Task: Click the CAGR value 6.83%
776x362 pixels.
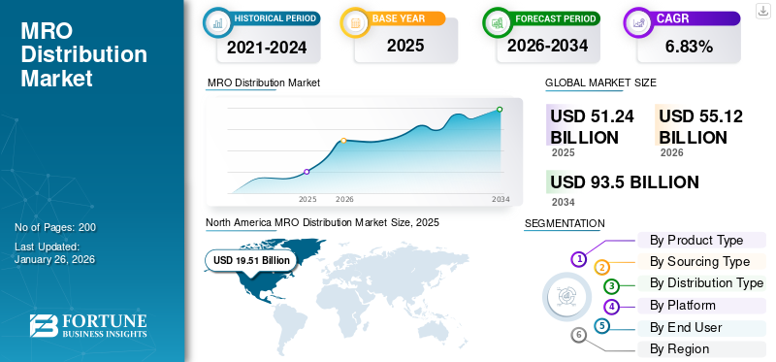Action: click(689, 46)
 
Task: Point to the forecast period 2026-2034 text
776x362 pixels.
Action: click(548, 45)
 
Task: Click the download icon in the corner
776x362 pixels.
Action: click(762, 10)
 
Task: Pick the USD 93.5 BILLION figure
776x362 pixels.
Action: click(624, 182)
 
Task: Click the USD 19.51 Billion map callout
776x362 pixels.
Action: click(251, 260)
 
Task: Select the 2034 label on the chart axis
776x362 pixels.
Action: click(501, 199)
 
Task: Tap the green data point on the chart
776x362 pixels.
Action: click(500, 109)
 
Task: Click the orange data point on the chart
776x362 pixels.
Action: click(343, 142)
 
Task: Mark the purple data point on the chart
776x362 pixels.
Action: click(307, 172)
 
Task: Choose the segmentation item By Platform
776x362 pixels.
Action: click(682, 306)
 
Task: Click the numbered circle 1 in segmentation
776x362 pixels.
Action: click(578, 259)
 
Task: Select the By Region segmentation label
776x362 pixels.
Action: click(679, 348)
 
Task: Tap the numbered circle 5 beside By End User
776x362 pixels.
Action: click(602, 326)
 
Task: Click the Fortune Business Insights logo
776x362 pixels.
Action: click(87, 326)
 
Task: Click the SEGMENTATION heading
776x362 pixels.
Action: click(564, 223)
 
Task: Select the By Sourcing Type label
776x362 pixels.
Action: click(699, 262)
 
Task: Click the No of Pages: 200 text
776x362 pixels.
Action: click(55, 227)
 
